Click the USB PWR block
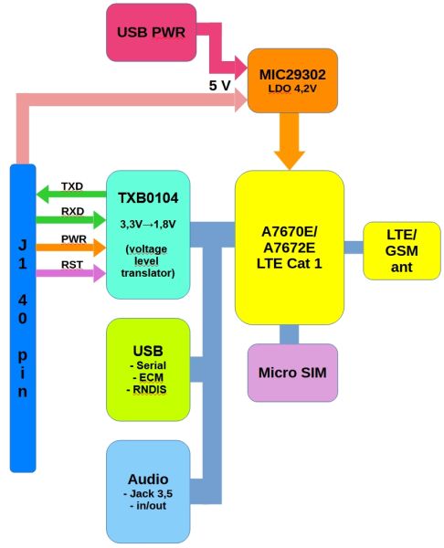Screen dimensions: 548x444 (150, 31)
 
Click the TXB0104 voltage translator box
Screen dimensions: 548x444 (147, 232)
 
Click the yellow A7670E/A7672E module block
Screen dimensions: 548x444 (289, 247)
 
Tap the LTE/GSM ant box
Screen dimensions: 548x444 (401, 249)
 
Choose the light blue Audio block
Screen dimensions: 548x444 (147, 491)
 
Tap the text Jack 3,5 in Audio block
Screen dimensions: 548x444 (149, 494)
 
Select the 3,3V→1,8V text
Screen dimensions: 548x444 (147, 221)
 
